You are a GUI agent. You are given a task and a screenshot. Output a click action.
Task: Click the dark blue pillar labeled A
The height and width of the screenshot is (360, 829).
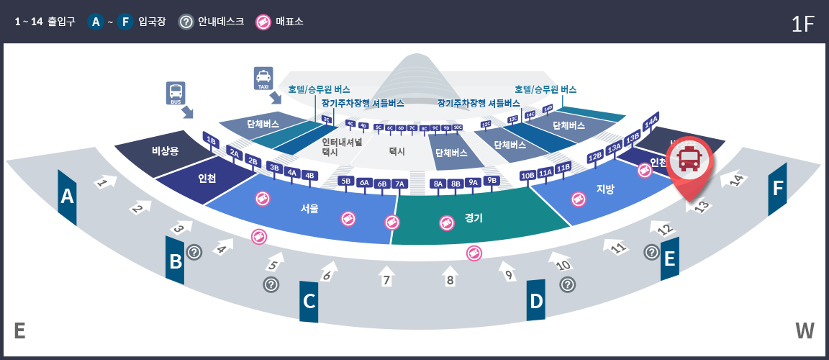[67, 197]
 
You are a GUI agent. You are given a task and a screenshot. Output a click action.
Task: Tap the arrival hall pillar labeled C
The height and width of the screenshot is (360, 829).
[309, 301]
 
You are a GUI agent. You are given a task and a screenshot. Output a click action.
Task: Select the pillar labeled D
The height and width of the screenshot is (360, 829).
[536, 300]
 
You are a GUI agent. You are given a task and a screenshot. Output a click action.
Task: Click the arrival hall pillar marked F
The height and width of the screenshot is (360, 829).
[777, 189]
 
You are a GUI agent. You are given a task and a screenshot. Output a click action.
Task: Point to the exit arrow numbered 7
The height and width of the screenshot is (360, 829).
[386, 277]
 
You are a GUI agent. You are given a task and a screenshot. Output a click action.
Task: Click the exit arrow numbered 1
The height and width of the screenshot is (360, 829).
[105, 182]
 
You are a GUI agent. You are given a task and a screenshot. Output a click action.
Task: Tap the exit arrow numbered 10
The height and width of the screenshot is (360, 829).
[562, 261]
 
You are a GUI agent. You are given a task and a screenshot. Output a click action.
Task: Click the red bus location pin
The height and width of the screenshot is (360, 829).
[689, 163]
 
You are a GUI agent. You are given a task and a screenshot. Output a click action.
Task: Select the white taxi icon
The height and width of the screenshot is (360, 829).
[263, 78]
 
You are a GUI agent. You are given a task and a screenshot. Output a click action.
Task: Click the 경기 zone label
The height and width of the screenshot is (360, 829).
[474, 217]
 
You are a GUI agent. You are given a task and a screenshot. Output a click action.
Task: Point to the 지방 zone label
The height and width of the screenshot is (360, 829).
[605, 189]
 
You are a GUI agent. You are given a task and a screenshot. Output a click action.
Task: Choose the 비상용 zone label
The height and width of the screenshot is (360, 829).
[159, 150]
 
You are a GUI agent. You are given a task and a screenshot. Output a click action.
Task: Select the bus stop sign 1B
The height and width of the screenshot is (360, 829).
[211, 140]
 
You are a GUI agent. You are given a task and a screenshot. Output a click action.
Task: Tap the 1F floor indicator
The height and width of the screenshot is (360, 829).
[802, 24]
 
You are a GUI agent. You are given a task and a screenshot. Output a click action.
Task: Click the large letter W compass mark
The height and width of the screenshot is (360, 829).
[805, 331]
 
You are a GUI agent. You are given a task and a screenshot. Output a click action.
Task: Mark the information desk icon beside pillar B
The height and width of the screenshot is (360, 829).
[194, 252]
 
